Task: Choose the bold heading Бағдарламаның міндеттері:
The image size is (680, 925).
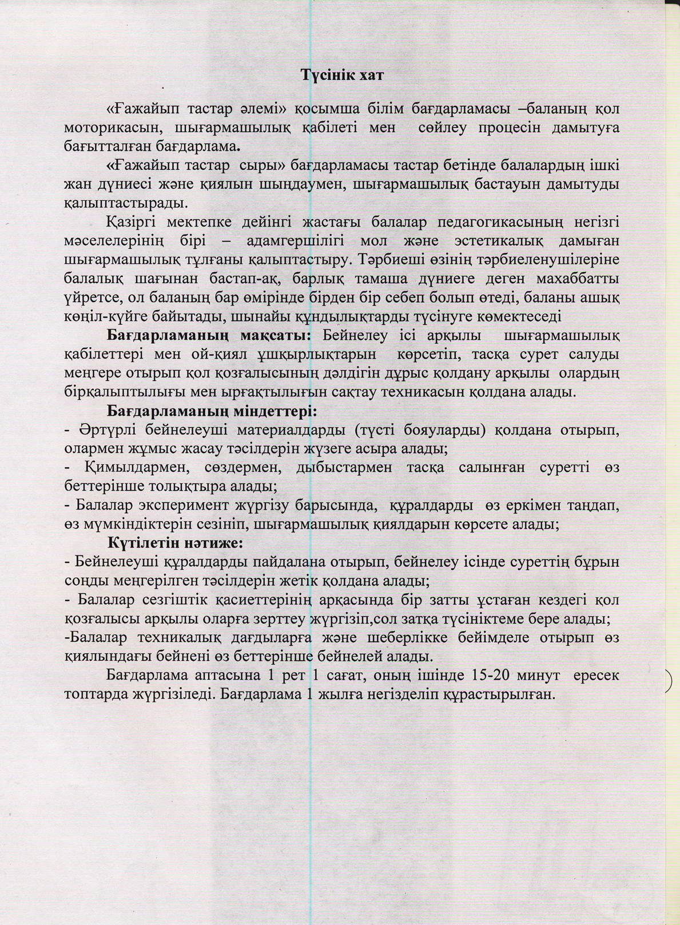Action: point(212,411)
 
